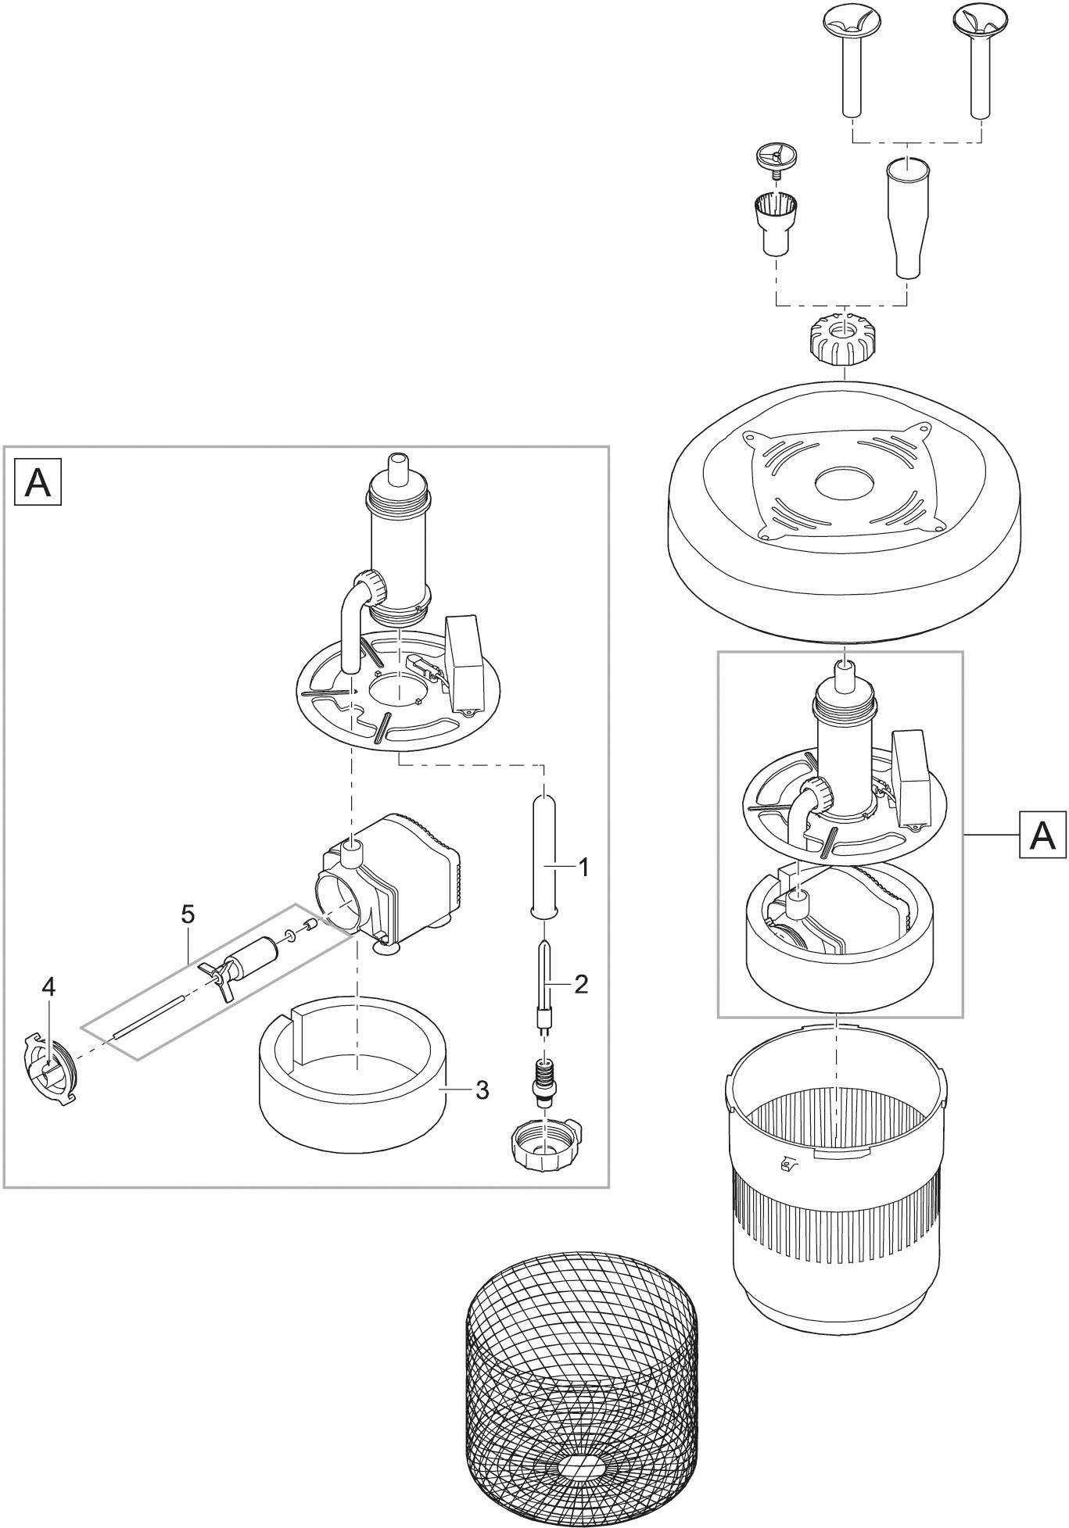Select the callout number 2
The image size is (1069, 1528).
click(581, 984)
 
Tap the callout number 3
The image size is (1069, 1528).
click(482, 1089)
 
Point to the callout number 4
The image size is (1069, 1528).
click(48, 988)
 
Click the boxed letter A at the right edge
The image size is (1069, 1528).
click(1043, 836)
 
